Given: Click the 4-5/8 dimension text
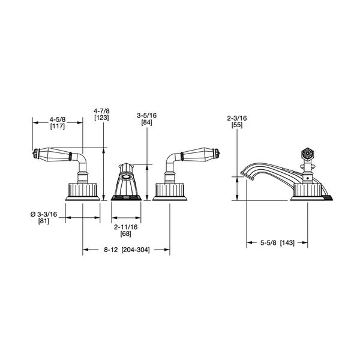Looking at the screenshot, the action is (58, 119).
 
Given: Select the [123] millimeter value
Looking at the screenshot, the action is (101, 118).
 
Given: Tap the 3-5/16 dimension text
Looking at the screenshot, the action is (147, 115).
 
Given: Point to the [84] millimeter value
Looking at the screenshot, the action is (147, 122).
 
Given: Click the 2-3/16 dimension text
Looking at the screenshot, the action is (237, 118).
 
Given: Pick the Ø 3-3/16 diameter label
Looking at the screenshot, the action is (44, 214).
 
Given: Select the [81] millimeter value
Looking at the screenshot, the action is (44, 221).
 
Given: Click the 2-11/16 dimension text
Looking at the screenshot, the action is (126, 227).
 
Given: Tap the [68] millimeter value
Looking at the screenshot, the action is (126, 234).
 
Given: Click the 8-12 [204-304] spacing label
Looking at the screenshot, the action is (127, 250).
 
